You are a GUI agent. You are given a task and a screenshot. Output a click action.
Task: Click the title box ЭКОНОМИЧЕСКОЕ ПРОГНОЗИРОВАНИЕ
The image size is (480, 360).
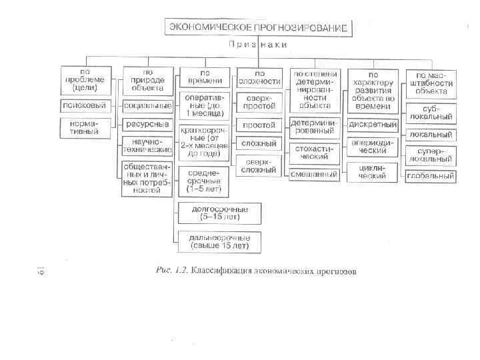coord(259,27)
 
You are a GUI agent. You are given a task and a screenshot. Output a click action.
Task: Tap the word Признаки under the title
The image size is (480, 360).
coord(259,45)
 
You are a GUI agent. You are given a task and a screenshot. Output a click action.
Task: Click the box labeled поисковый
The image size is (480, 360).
coord(84,105)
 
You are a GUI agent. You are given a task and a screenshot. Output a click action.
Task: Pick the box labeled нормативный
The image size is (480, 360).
coord(84,126)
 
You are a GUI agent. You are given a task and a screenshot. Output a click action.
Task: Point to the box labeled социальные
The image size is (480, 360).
coord(145,105)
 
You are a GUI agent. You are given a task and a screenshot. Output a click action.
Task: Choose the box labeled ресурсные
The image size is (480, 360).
coord(145,124)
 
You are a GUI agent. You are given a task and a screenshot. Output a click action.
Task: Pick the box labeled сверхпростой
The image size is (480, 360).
coord(259,102)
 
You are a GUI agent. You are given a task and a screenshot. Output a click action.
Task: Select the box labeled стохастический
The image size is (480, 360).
coord(313,152)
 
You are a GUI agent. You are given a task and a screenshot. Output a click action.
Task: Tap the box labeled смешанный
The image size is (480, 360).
coord(313,174)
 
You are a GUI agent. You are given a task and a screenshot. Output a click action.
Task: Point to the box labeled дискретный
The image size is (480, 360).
coord(373,124)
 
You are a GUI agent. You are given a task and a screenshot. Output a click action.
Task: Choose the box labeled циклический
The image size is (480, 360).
coord(373,171)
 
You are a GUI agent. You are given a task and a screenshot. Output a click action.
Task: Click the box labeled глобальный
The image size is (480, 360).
coord(431,177)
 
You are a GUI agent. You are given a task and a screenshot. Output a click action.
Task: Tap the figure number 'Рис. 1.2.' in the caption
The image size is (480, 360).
coord(171,271)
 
